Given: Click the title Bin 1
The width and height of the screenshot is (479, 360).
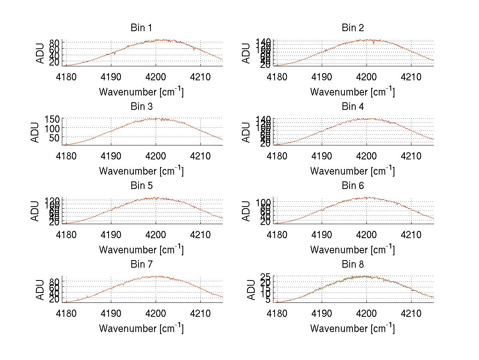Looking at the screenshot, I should tap(141, 28).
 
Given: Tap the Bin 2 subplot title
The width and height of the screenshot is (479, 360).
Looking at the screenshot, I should tap(353, 28).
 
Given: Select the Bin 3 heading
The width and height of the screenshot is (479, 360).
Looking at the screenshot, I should tap(141, 107).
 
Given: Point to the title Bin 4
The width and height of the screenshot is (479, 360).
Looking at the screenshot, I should tap(353, 107).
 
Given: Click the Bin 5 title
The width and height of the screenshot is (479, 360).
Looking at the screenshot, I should tap(141, 186).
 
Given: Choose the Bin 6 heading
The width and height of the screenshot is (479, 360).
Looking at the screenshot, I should tap(353, 186).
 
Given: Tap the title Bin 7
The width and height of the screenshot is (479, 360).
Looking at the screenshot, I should tap(141, 265).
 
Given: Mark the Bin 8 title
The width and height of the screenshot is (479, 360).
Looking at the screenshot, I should tap(353, 265).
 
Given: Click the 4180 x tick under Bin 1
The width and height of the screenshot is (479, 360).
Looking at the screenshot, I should tap(66, 77).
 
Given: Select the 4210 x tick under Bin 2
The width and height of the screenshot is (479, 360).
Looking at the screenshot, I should tap(411, 77).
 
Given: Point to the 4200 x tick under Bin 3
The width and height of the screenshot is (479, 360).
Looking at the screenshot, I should tap(156, 156).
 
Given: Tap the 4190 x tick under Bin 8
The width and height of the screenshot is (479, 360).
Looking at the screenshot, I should tap(322, 314).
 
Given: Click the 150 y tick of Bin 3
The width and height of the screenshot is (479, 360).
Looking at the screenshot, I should tap(55, 119).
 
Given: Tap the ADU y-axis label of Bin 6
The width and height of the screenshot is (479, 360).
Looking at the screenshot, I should tap(247, 211).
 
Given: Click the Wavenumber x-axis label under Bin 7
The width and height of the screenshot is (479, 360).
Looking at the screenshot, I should tap(141, 328).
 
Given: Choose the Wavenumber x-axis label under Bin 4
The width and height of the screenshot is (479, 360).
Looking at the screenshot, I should tap(352, 171).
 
